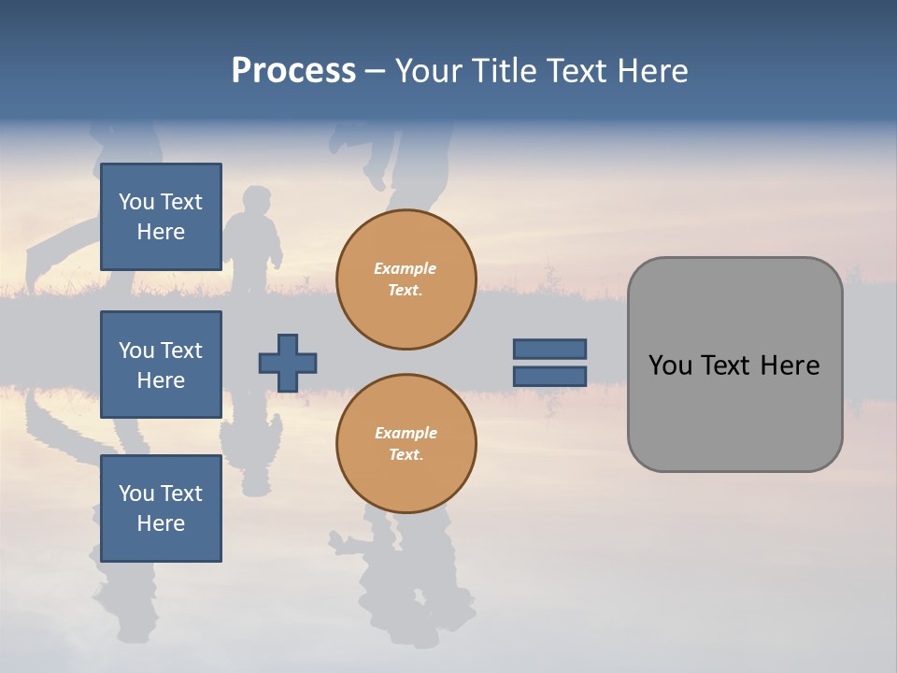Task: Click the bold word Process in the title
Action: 293,71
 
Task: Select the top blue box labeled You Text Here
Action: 161,217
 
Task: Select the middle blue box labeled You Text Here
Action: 161,365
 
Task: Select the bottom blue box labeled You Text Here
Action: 161,508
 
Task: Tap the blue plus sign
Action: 288,363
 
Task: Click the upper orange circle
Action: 406,279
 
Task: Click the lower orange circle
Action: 406,444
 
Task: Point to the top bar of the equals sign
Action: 549,350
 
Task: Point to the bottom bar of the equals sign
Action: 549,376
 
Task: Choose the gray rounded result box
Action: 734,411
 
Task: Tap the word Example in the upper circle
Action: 406,268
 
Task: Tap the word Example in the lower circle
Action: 406,433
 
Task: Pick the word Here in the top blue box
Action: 161,232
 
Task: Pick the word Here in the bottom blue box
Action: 161,523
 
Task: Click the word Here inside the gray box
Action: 790,365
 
